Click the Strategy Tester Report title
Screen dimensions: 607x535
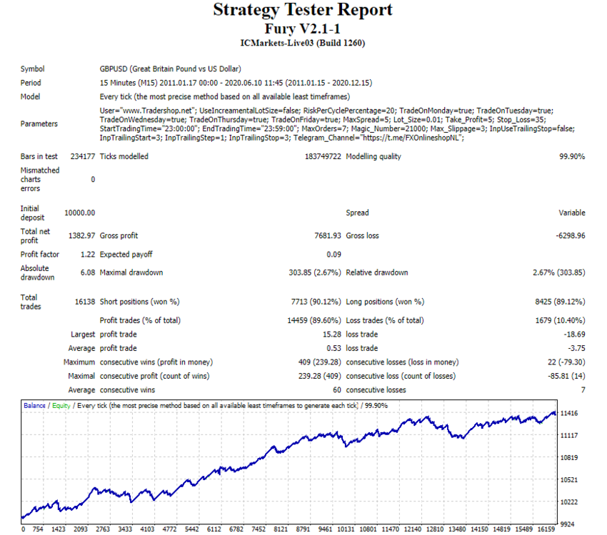click(x=303, y=10)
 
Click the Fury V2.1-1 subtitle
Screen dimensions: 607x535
click(x=302, y=29)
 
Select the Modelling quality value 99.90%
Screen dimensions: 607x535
click(x=572, y=156)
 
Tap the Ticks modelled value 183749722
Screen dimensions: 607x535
click(x=323, y=156)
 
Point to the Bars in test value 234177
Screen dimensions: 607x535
click(x=82, y=156)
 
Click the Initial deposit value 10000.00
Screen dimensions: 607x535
click(x=79, y=213)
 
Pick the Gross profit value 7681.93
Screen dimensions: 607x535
click(x=328, y=236)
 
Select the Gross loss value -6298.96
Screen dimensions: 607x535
click(x=571, y=236)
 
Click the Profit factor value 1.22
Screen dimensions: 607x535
click(x=88, y=255)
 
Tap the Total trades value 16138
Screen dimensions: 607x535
click(x=85, y=302)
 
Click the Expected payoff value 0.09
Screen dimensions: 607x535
click(x=333, y=255)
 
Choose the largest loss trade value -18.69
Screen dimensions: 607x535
click(x=574, y=335)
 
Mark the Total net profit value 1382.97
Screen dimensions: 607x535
click(x=81, y=236)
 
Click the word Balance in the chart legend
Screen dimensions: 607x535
click(x=34, y=405)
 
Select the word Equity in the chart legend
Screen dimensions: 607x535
click(x=61, y=405)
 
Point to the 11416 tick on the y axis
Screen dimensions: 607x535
click(x=568, y=414)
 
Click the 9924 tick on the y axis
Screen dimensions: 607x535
click(x=567, y=524)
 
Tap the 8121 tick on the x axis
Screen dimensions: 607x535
click(x=281, y=529)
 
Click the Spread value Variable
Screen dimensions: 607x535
click(x=572, y=213)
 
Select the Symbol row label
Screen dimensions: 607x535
click(x=33, y=69)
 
